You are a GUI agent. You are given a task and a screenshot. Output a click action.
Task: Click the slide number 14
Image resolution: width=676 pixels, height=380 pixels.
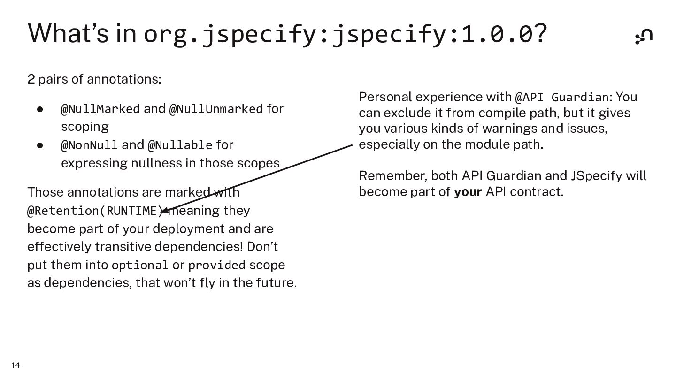pyautogui.click(x=15, y=365)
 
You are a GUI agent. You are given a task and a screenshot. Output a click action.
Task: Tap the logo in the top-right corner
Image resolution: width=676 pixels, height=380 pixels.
pyautogui.click(x=644, y=36)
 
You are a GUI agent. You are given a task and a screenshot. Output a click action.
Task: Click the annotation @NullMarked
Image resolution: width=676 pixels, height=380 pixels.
pyautogui.click(x=100, y=109)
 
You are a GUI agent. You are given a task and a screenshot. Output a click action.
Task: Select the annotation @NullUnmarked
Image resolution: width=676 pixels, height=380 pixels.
pyautogui.click(x=216, y=109)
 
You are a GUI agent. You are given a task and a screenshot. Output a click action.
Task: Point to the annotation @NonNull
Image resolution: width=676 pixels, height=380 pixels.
pyautogui.click(x=89, y=145)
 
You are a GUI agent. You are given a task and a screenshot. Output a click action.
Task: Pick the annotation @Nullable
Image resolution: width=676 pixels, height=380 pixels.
pyautogui.click(x=180, y=145)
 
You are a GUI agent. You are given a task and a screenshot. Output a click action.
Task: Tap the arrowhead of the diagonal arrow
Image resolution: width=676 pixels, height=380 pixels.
pyautogui.click(x=165, y=211)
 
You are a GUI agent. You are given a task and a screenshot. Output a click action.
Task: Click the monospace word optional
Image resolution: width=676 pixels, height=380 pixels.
pyautogui.click(x=140, y=265)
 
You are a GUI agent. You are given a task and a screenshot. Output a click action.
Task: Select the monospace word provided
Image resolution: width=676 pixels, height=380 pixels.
pyautogui.click(x=216, y=265)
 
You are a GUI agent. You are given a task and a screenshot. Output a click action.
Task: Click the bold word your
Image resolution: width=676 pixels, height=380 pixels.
pyautogui.click(x=468, y=192)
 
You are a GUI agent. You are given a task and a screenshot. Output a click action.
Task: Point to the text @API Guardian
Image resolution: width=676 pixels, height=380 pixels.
pyautogui.click(x=561, y=97)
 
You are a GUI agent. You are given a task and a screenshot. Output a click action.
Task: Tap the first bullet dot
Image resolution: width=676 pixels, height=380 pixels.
pyautogui.click(x=40, y=109)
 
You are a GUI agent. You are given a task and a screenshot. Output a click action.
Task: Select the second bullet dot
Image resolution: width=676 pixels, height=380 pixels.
pyautogui.click(x=40, y=145)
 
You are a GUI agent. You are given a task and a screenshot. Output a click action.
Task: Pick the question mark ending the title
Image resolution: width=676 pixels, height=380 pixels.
pyautogui.click(x=541, y=33)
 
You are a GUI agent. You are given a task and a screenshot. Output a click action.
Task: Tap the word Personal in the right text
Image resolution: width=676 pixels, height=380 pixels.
pyautogui.click(x=385, y=97)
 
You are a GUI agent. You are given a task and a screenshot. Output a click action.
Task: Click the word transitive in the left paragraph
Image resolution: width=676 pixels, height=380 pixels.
pyautogui.click(x=123, y=247)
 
